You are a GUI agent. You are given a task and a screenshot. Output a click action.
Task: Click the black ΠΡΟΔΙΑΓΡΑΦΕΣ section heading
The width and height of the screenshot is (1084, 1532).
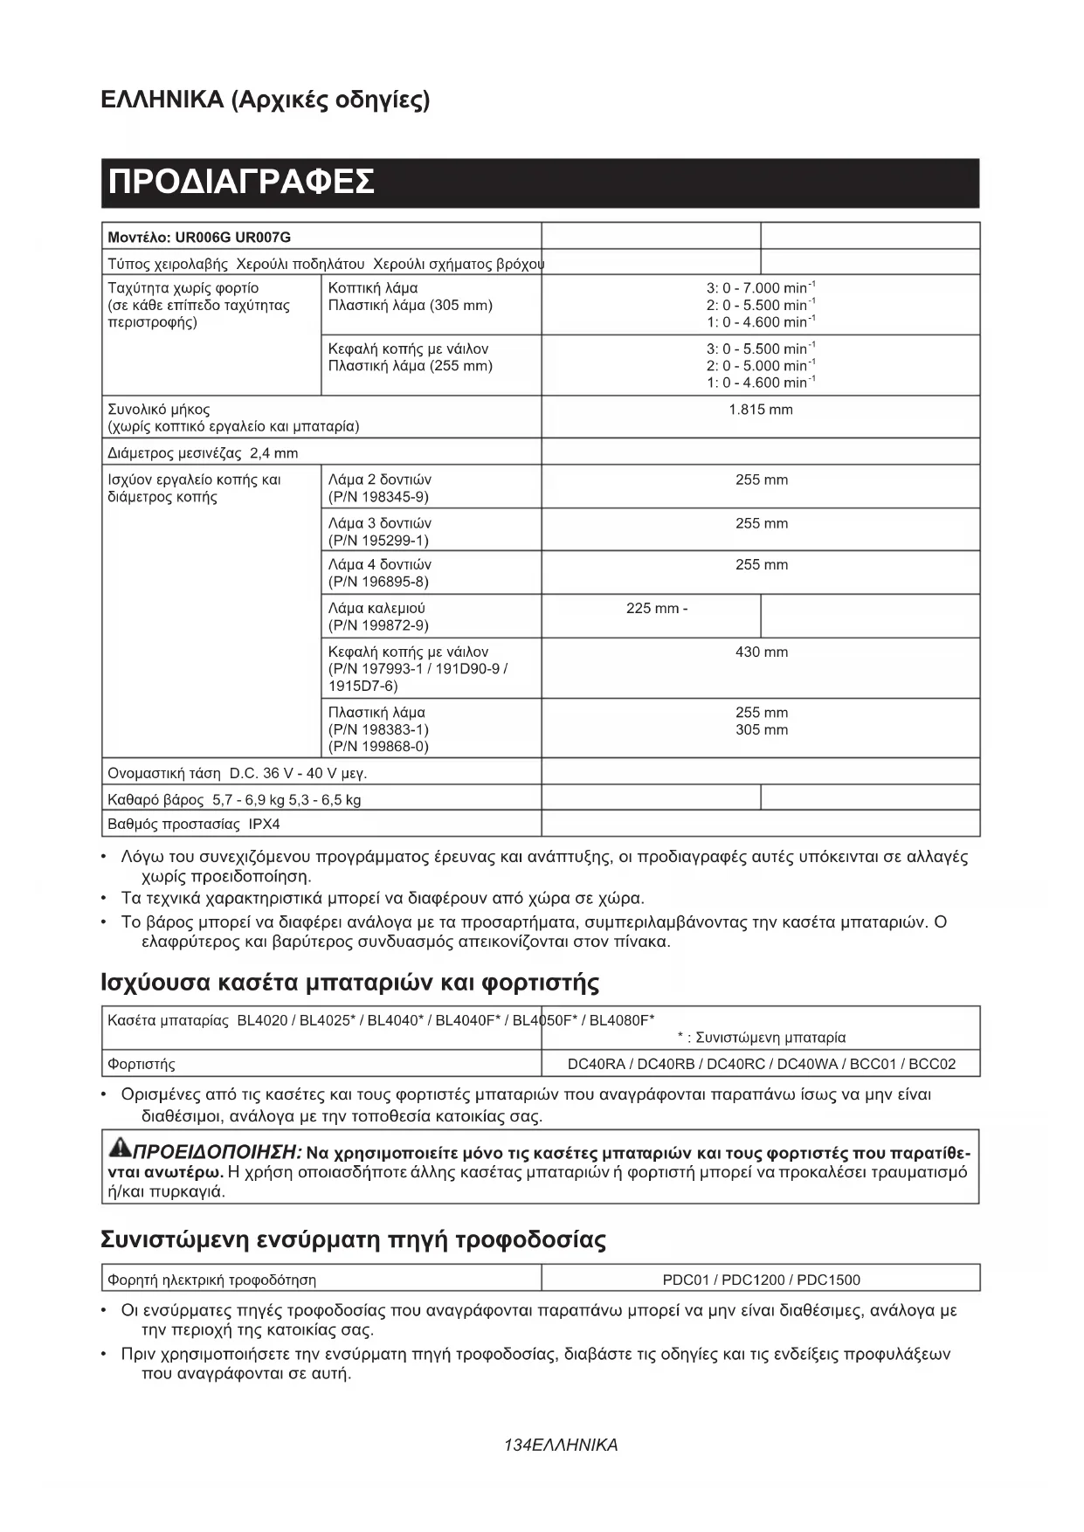[x=242, y=183]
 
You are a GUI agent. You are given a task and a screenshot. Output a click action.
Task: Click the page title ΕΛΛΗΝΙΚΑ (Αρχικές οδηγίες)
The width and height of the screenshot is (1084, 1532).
[x=266, y=100]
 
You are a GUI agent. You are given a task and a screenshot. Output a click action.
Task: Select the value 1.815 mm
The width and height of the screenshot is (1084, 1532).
[x=760, y=410]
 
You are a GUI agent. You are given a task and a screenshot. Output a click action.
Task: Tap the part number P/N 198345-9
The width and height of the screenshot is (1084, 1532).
[x=378, y=497]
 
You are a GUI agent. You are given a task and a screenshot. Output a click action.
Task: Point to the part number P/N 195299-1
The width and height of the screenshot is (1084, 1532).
[x=378, y=541]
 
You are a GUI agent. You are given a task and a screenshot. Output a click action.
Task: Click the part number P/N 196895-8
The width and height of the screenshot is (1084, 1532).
[x=378, y=582]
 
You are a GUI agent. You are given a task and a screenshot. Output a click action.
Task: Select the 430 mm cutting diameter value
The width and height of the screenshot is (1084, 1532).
[x=761, y=652]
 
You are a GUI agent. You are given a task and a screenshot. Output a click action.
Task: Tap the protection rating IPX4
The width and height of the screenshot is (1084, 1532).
[x=264, y=825]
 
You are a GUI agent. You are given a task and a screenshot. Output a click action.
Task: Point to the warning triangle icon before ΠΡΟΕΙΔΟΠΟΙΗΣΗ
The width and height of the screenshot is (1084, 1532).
[x=117, y=1147]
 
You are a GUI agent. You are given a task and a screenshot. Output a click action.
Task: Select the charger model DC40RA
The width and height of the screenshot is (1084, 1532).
[x=596, y=1064]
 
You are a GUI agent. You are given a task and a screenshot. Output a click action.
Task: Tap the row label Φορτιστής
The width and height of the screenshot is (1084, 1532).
[x=142, y=1065]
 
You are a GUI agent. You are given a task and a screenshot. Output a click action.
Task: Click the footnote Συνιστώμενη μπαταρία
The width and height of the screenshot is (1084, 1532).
[x=770, y=1038]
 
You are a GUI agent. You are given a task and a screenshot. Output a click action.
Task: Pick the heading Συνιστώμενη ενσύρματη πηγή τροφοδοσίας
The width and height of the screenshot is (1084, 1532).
[x=354, y=1239]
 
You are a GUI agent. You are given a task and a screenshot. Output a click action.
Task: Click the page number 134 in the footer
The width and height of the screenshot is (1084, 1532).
[x=517, y=1446]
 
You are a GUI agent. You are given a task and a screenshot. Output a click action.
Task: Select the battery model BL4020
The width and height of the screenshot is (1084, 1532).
[x=262, y=1020]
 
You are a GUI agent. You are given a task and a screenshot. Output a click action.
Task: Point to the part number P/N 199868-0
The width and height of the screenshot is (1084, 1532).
[x=378, y=747]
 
